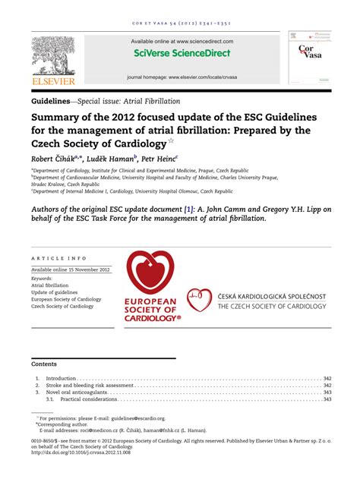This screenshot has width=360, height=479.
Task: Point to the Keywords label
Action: (43, 279)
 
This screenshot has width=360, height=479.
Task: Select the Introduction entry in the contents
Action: (62, 378)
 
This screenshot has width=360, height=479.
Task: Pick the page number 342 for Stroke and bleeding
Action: (327, 386)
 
